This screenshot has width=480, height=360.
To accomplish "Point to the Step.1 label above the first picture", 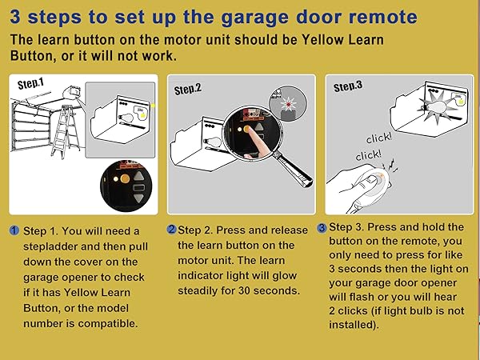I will pos(31,83).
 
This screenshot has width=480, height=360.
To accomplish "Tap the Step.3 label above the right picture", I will pos(348,86).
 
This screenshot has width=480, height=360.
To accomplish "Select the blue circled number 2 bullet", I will pos(171,230).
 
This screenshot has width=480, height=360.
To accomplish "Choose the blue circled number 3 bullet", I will pos(322,227).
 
